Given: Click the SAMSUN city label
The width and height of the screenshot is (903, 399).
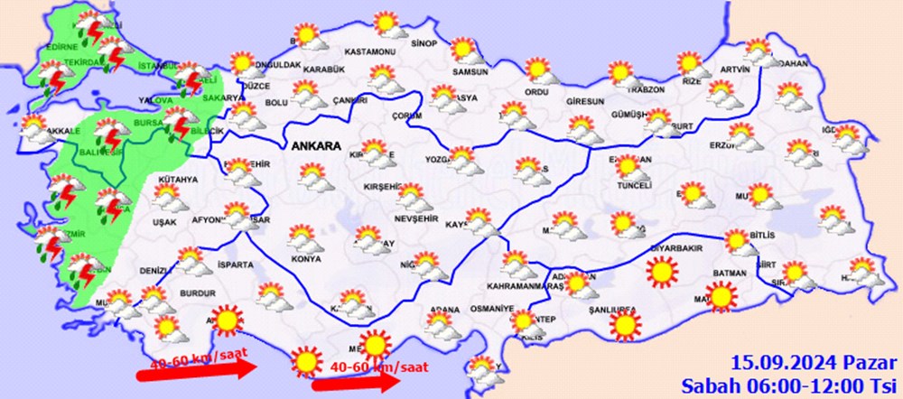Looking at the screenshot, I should [x=471, y=72].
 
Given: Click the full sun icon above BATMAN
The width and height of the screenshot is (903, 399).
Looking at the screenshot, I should [x=661, y=269].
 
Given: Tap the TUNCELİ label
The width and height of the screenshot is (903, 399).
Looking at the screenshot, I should [x=632, y=186].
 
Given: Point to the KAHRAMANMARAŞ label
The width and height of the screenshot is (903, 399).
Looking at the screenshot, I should [x=524, y=285].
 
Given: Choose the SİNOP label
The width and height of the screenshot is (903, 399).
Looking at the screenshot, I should [x=424, y=44].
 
